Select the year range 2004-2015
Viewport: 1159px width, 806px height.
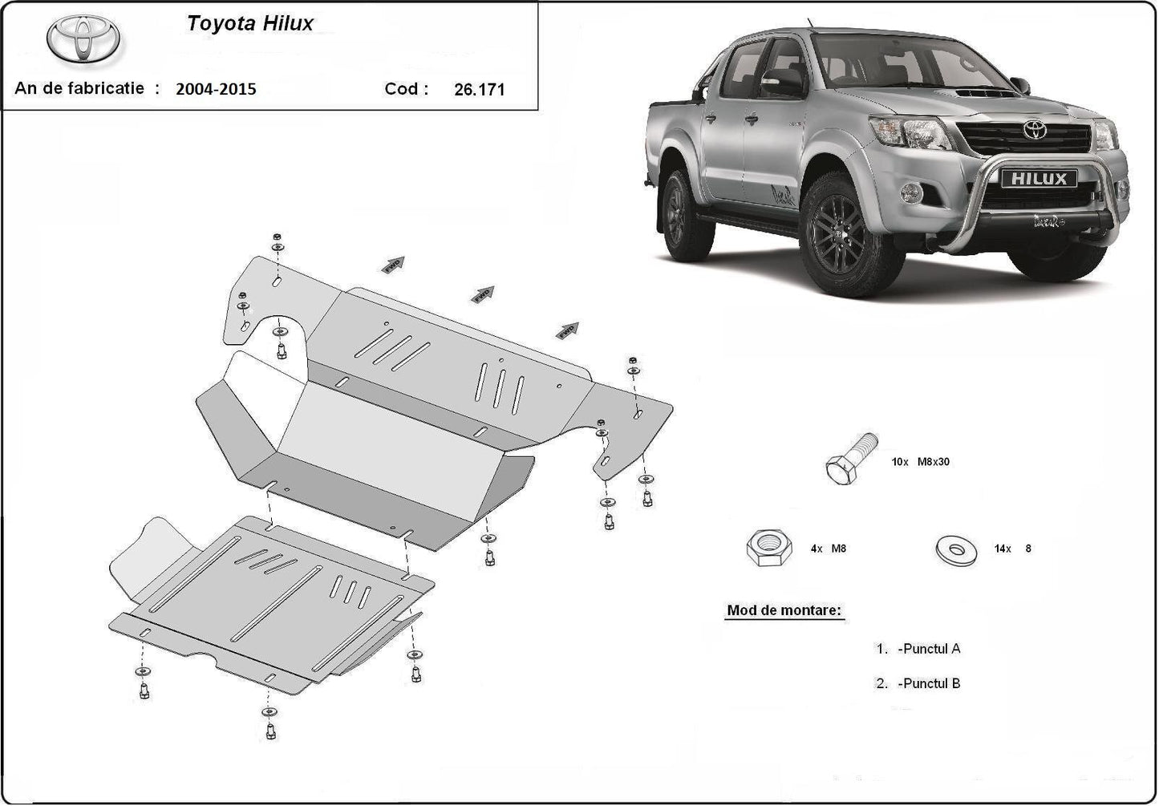217,89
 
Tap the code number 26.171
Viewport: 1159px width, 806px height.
479,90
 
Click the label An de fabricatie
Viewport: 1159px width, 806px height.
79,88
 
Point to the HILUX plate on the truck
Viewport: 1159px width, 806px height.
1038,179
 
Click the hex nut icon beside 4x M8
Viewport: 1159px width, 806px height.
768,548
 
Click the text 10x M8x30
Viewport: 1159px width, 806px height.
921,462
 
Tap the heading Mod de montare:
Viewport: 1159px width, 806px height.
784,610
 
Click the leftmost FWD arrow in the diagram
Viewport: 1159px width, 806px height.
394,265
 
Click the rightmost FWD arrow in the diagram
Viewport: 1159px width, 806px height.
568,329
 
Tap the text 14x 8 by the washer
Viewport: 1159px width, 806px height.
1012,549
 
